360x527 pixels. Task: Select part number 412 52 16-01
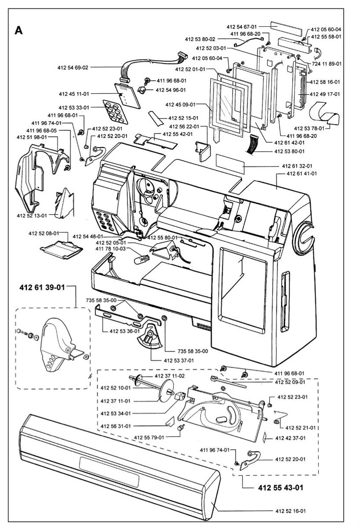[x=291, y=511]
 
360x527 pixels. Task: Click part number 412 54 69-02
[x=73, y=68]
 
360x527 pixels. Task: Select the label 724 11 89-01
[x=326, y=64]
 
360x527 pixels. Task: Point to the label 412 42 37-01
[x=291, y=437]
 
